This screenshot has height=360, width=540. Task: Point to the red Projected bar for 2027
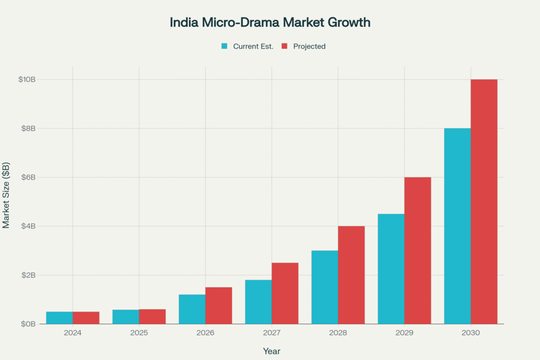coord(285,293)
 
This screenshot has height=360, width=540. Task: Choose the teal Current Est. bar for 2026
coord(192,309)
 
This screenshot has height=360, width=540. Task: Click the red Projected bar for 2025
coord(152,317)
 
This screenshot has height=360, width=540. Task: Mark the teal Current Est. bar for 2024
coord(59,318)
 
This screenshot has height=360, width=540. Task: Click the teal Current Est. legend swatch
coord(224,46)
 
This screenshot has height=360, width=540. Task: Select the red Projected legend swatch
coord(284,46)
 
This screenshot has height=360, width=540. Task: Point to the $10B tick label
coord(26,80)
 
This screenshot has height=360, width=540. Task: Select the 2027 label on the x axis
coord(272,333)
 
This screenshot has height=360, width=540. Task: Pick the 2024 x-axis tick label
coord(73,333)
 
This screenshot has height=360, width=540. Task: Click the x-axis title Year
coord(272,351)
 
